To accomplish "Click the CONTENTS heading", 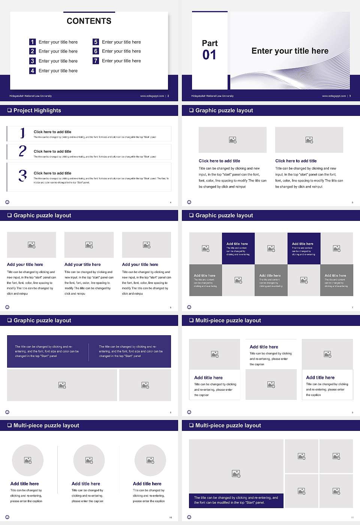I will pyautogui.click(x=89, y=21).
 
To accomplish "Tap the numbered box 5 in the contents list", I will pyautogui.click(x=96, y=42).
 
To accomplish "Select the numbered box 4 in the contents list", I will pyautogui.click(x=32, y=70).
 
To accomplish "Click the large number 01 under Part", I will pyautogui.click(x=209, y=55).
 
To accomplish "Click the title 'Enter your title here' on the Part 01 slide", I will pyautogui.click(x=289, y=51).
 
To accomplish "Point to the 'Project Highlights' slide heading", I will pyautogui.click(x=37, y=110).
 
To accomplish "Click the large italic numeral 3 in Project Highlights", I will pyautogui.click(x=22, y=175).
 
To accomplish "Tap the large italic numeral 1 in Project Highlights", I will pyautogui.click(x=22, y=133).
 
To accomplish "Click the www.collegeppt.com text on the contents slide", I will pyautogui.click(x=152, y=96).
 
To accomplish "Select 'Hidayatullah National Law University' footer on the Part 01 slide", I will pyautogui.click(x=212, y=96).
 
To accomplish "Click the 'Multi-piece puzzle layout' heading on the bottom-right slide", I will pyautogui.click(x=228, y=425).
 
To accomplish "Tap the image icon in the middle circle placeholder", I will pyautogui.click(x=89, y=460).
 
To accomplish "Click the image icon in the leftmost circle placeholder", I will pyautogui.click(x=28, y=460).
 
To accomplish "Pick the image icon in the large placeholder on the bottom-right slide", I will pyautogui.click(x=236, y=474).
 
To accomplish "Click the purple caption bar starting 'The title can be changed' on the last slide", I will pyautogui.click(x=236, y=500).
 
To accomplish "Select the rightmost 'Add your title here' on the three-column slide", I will pyautogui.click(x=140, y=264).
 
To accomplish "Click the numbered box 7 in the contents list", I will pyautogui.click(x=96, y=61).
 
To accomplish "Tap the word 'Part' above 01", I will pyautogui.click(x=210, y=43).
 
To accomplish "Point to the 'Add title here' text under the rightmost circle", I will pyautogui.click(x=147, y=484).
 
